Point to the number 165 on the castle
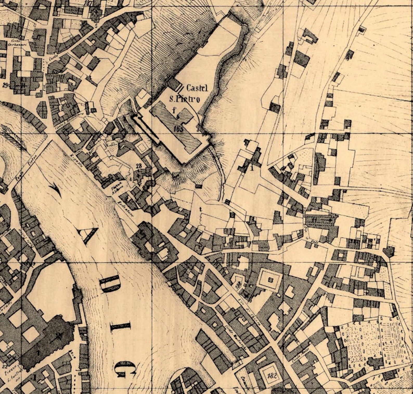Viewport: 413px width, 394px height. pos(179,129)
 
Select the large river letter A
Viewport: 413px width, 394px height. pos(88,234)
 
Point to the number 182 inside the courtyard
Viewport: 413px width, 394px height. pos(272,376)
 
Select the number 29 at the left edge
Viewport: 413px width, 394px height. pos(5,85)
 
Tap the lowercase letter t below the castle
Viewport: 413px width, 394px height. pos(200,209)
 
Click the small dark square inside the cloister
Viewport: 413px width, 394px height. pos(271,280)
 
